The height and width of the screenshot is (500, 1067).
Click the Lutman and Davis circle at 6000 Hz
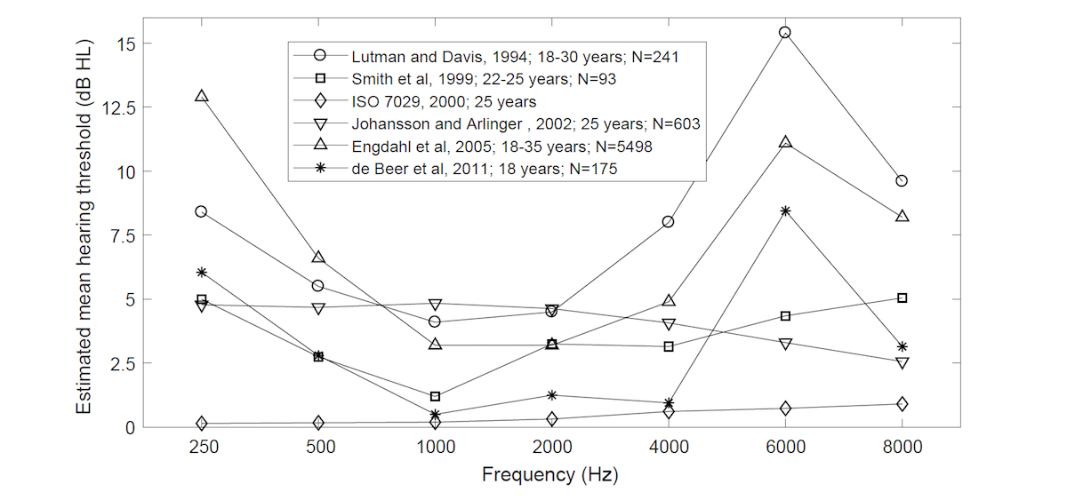pos(785,33)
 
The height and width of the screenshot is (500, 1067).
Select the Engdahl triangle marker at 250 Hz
pos(202,96)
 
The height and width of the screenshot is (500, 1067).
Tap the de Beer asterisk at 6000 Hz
pos(785,211)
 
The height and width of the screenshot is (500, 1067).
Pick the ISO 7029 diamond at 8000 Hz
pos(902,404)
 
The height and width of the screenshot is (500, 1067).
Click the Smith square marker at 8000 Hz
pos(902,298)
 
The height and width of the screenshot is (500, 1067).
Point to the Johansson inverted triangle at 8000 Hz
pos(902,363)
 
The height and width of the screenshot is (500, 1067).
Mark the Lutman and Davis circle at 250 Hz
pos(202,211)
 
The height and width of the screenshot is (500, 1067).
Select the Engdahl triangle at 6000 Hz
pos(785,142)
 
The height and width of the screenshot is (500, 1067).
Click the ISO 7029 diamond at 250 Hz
pos(202,424)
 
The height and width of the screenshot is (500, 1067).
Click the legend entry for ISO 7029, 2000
pos(444,101)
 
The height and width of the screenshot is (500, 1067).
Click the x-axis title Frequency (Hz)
pos(550,474)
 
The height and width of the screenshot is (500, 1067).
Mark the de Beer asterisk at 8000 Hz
pos(902,346)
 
